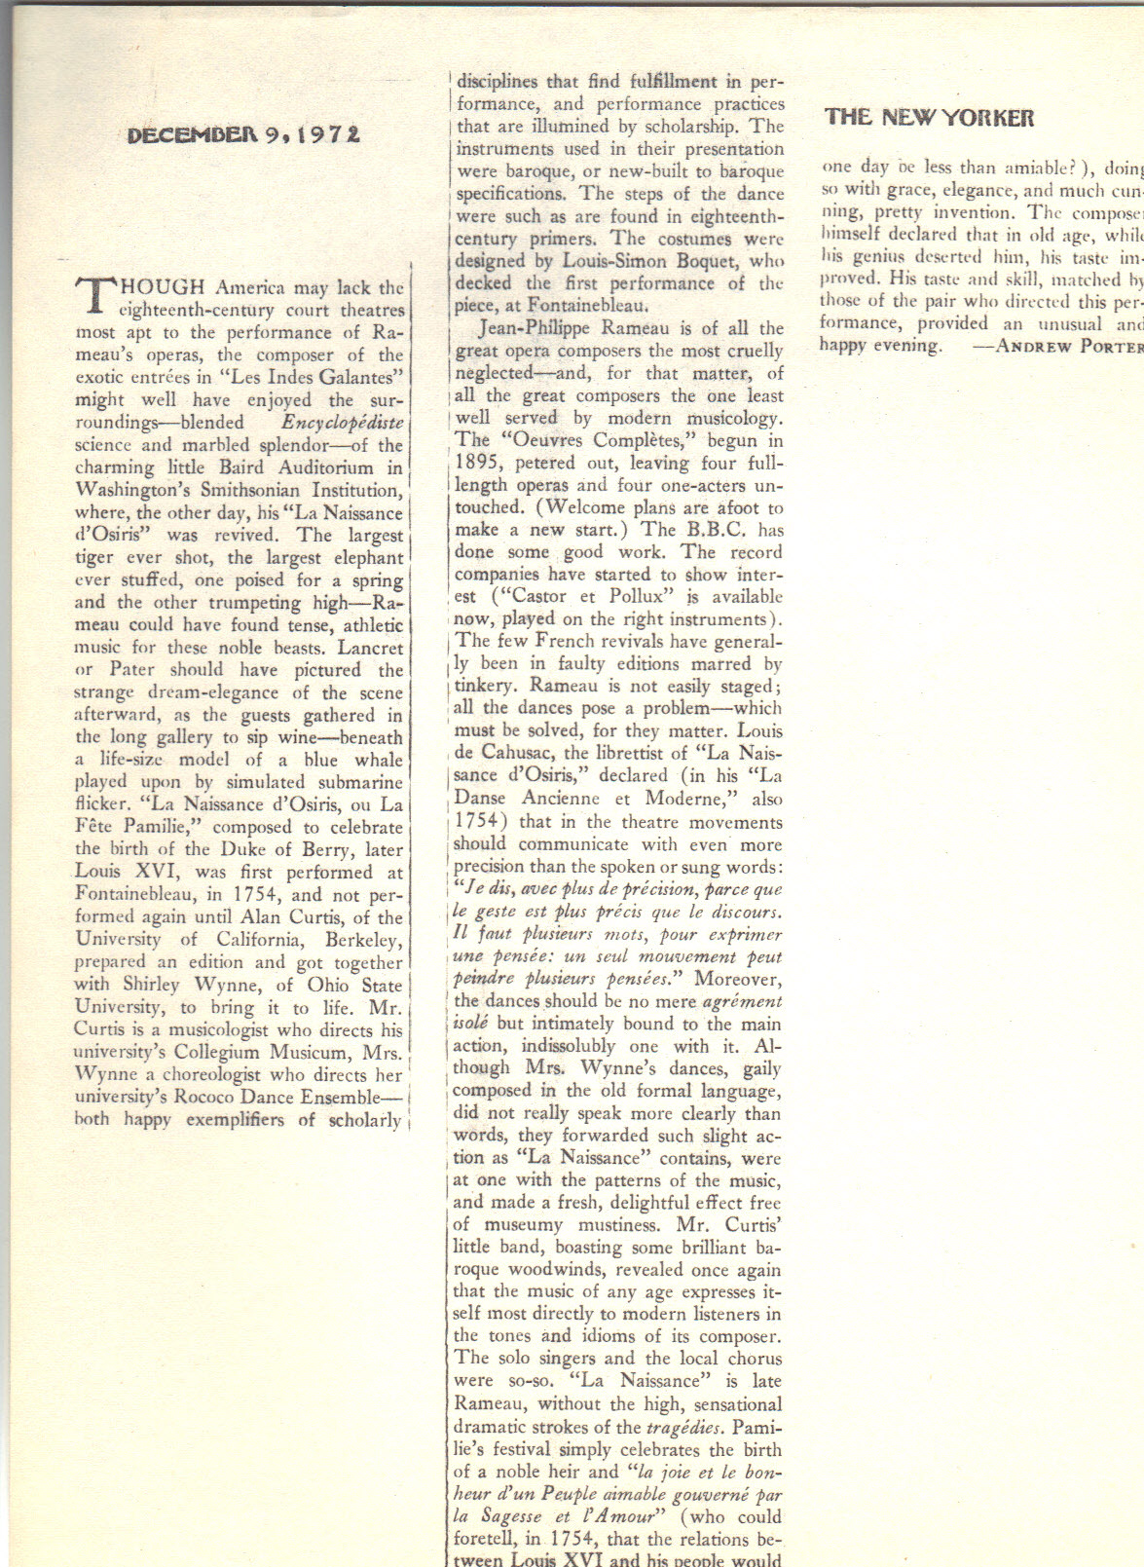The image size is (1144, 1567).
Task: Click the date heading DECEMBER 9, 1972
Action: click(x=243, y=134)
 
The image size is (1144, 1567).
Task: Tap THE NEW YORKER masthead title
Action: click(x=929, y=118)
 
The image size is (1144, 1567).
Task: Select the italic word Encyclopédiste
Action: click(x=342, y=423)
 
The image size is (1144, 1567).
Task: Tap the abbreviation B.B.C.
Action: click(x=713, y=530)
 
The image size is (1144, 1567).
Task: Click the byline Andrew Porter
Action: click(x=1067, y=346)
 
